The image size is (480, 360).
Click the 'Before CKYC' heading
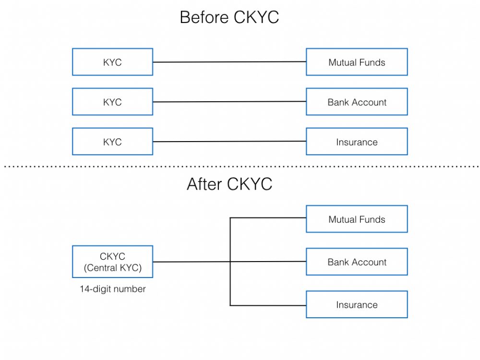coord(229,17)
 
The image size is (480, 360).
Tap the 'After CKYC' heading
coord(229,184)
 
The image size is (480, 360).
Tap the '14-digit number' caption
coord(113,289)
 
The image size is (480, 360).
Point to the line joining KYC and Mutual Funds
coord(229,62)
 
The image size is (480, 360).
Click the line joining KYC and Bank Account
coord(229,102)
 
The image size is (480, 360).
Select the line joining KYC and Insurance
coord(229,142)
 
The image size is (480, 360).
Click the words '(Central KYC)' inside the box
coord(113,268)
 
